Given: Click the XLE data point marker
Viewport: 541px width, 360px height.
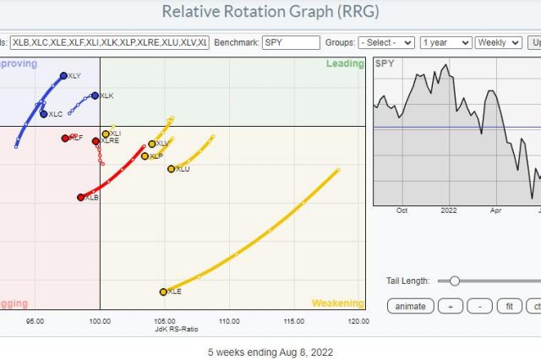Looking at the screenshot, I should (x=163, y=292).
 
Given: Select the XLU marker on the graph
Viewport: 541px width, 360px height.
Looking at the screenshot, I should (x=172, y=169).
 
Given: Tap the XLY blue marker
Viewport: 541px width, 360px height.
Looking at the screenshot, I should (x=63, y=76).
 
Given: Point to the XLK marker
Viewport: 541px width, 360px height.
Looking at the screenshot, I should (x=95, y=95).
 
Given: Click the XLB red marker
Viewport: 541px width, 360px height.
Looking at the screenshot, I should (x=81, y=197).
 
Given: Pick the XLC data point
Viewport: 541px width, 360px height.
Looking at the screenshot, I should (x=44, y=113).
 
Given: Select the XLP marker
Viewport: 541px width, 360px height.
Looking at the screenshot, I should (x=145, y=156).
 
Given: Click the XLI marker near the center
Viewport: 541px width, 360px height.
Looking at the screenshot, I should (x=106, y=134).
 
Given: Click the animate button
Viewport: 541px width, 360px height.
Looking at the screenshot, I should (x=410, y=306).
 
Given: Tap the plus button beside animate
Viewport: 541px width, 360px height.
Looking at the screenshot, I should (x=451, y=306).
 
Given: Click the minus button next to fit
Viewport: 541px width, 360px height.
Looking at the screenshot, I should (x=479, y=306).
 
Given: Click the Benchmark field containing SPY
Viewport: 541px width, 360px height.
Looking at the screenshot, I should (x=291, y=42).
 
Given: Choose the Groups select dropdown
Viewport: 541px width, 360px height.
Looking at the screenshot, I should (x=385, y=42).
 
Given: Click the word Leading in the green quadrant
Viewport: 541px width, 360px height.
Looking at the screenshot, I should (x=344, y=64).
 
